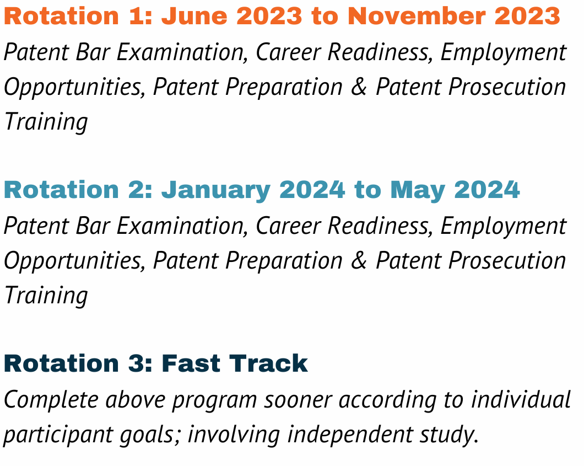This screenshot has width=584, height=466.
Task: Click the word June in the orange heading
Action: point(194,16)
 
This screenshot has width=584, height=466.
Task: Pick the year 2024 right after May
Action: point(487,190)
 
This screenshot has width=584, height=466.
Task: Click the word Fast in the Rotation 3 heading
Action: point(191,363)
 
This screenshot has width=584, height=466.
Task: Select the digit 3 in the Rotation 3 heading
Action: point(136,363)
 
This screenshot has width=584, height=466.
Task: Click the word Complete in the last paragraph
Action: point(51,400)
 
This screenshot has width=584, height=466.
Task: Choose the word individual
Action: point(521,400)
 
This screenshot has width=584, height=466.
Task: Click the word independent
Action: point(350,435)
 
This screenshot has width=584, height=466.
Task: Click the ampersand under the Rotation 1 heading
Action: point(359,87)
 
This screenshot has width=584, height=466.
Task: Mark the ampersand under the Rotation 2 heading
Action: point(359,261)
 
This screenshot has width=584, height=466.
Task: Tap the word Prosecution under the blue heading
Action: point(507,261)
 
